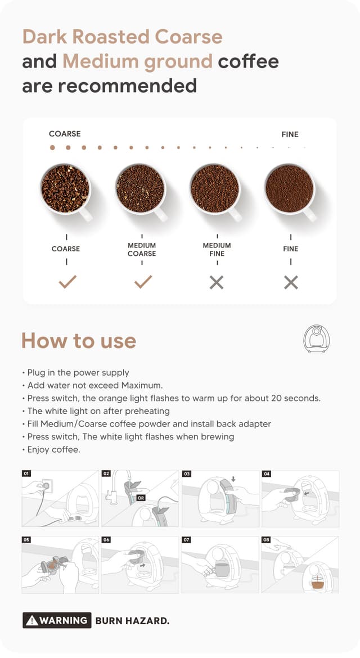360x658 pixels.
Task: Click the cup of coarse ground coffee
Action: pyautogui.click(x=65, y=188)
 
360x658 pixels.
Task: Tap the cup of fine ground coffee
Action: pyautogui.click(x=290, y=188)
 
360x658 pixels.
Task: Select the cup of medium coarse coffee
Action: pyautogui.click(x=140, y=188)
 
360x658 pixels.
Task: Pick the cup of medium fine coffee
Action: pyautogui.click(x=215, y=188)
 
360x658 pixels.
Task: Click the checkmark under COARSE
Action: pyautogui.click(x=67, y=282)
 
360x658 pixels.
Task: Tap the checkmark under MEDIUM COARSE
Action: pyautogui.click(x=143, y=282)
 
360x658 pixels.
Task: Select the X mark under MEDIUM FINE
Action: pyautogui.click(x=217, y=282)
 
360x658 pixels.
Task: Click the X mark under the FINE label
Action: pyautogui.click(x=291, y=282)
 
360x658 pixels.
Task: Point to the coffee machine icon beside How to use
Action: pyautogui.click(x=316, y=339)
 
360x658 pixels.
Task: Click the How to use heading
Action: pyautogui.click(x=79, y=341)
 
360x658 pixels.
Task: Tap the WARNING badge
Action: pyautogui.click(x=57, y=620)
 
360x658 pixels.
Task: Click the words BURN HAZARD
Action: pyautogui.click(x=132, y=621)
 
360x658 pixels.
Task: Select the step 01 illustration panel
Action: pyautogui.click(x=60, y=499)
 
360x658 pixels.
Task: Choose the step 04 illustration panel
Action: pyautogui.click(x=300, y=499)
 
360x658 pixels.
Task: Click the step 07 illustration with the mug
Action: pyautogui.click(x=220, y=565)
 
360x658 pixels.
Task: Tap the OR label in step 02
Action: pyautogui.click(x=141, y=498)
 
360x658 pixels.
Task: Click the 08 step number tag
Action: pyautogui.click(x=267, y=540)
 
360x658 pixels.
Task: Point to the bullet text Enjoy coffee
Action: pyautogui.click(x=52, y=449)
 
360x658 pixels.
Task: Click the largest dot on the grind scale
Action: pyautogui.click(x=52, y=148)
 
